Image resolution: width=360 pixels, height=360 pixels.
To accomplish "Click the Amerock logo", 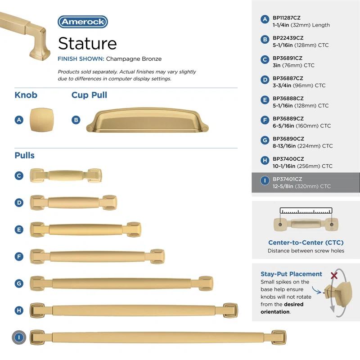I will (82, 22).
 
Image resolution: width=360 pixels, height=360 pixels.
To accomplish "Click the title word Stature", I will (87, 43).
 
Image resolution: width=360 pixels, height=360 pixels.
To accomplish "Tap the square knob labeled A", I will (38, 120).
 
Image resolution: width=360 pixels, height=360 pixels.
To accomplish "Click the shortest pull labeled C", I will (66, 175).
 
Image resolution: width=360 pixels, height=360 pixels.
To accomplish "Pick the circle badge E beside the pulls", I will (19, 229).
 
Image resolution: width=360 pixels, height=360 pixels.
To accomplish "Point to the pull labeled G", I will (121, 283).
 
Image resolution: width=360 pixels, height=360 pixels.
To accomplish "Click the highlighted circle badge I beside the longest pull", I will (19, 337).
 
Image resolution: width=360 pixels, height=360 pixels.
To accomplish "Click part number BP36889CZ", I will (288, 118).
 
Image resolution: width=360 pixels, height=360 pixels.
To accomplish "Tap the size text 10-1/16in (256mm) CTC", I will (302, 166).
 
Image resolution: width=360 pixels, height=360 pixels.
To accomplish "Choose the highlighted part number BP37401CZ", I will (288, 179).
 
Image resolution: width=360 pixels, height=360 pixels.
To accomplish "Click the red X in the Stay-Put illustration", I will (334, 274).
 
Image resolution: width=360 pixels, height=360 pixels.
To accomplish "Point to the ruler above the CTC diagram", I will (306, 211).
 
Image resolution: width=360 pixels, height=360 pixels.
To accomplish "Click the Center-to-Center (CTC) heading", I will (306, 243).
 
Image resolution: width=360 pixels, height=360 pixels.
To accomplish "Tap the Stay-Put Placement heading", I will (291, 274).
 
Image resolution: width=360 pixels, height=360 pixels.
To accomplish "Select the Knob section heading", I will (26, 95).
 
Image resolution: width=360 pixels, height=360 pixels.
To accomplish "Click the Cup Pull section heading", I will (89, 95).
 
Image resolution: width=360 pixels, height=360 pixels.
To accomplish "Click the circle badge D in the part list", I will (265, 80).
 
